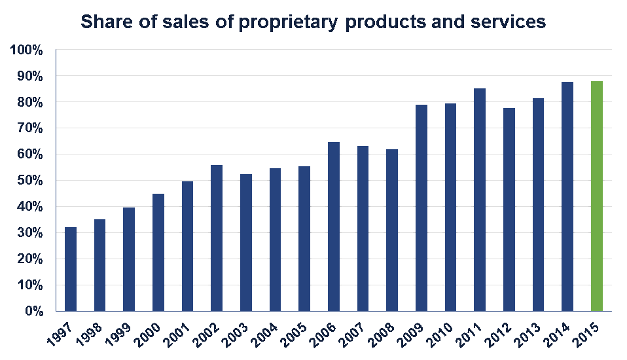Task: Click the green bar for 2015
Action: (596, 196)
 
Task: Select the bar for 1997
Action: (71, 269)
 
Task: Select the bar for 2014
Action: (567, 196)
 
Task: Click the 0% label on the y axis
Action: (33, 312)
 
